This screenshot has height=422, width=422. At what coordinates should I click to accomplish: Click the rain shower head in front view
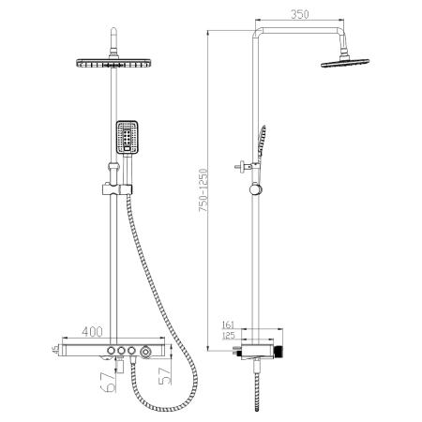pyautogui.click(x=112, y=63)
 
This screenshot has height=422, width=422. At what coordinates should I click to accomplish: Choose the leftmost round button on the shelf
pyautogui.click(x=111, y=349)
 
